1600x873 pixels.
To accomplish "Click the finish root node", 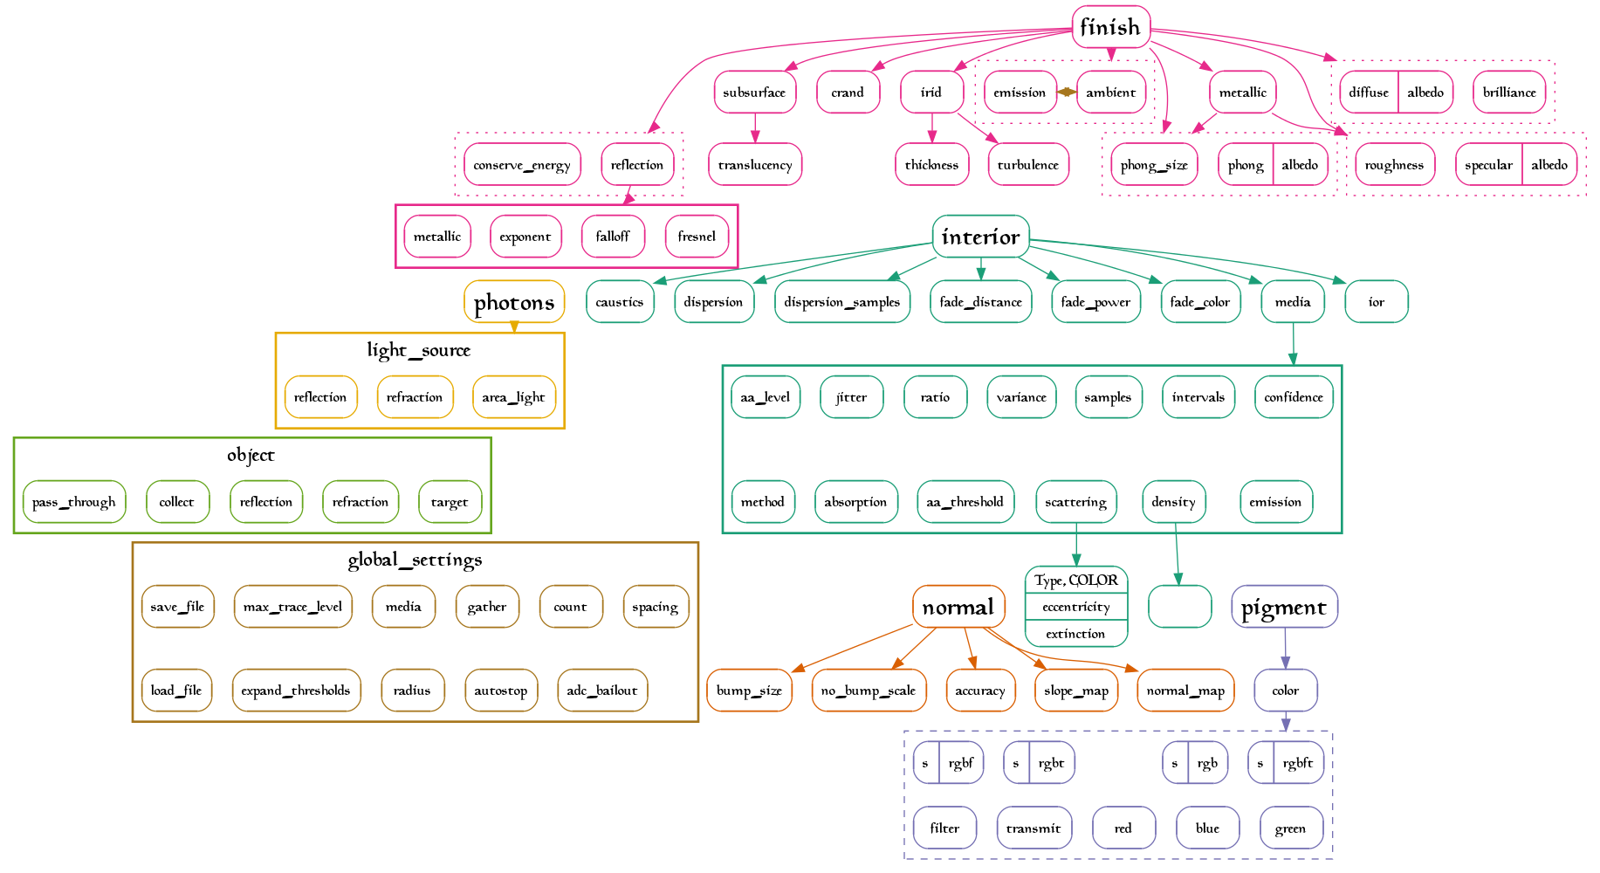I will point(1110,27).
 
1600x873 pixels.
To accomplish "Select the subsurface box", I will point(754,93).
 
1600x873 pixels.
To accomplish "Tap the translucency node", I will point(754,165).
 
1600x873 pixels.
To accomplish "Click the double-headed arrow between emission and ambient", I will point(1066,92).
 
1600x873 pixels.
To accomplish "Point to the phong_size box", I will point(1153,165).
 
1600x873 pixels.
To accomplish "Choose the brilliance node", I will point(1508,93).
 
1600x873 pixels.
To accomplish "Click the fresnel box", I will point(696,237).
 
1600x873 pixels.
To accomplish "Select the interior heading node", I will point(980,237).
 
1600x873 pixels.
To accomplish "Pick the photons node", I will point(514,302).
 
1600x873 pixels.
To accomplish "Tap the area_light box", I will point(513,397).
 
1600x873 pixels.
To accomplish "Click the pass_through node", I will point(74,502).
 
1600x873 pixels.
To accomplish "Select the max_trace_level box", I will point(292,607).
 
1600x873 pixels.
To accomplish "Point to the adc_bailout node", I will point(601,691).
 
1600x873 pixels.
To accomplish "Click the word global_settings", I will point(415,560).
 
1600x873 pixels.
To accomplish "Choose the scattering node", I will point(1075,502).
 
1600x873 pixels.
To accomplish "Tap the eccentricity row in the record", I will point(1075,607).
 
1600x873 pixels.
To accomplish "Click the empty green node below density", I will point(1179,607).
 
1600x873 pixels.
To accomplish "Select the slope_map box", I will point(1075,691).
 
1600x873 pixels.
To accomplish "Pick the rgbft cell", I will point(1297,763).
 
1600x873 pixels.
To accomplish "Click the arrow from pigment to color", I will point(1285,649).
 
